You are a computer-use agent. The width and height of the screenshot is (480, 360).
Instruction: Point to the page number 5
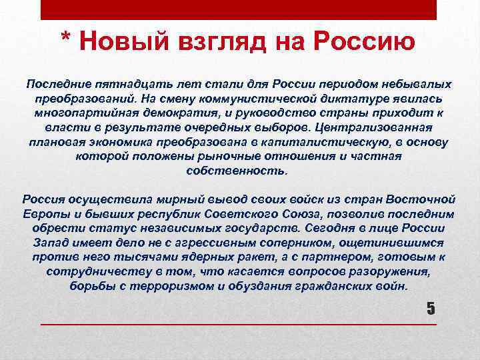[x=430, y=308]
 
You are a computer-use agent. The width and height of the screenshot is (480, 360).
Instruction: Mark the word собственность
[x=238, y=170]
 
